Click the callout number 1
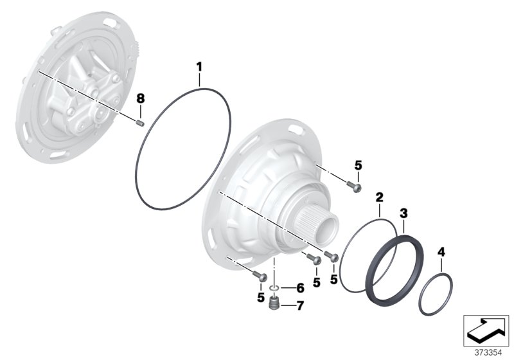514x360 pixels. (x=199, y=66)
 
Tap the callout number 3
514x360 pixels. (x=403, y=212)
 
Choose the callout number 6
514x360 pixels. (x=300, y=288)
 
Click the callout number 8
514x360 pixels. (x=141, y=98)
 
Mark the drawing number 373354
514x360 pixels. (x=487, y=352)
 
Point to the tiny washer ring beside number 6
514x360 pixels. (x=274, y=287)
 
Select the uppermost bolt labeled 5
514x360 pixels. (x=355, y=186)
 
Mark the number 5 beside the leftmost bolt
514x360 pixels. (x=260, y=298)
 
